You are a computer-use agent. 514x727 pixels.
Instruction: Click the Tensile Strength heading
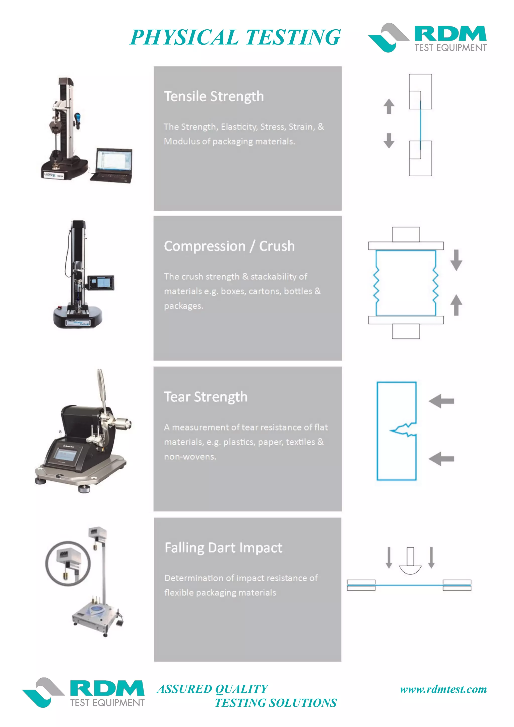[x=214, y=96]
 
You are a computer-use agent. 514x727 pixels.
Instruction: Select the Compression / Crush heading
[x=229, y=246]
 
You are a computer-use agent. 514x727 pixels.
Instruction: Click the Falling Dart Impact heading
[x=223, y=548]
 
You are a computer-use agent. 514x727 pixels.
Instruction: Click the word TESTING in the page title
[x=293, y=37]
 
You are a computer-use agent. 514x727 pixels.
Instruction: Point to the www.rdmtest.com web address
[x=443, y=689]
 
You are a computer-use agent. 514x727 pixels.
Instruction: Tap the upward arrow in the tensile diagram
[x=389, y=106]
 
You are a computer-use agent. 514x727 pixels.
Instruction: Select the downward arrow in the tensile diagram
[x=389, y=141]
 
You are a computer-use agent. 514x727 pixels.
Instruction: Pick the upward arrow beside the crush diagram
[x=456, y=305]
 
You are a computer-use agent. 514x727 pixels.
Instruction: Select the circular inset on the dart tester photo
[x=68, y=563]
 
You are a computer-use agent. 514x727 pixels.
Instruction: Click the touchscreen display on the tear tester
[x=65, y=455]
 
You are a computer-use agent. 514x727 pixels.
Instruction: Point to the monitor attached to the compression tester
[x=101, y=282]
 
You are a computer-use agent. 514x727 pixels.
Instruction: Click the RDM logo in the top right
[x=427, y=37]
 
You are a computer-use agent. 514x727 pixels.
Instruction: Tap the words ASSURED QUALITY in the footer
[x=212, y=689]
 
